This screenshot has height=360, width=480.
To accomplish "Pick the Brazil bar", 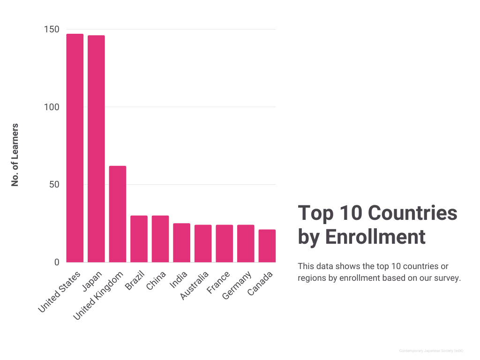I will [x=139, y=239].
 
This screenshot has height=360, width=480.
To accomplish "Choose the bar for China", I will [x=160, y=239].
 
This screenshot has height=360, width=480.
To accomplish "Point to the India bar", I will [x=181, y=242].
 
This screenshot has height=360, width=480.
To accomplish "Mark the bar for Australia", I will [x=203, y=243].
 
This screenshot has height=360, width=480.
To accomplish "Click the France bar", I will [x=224, y=243].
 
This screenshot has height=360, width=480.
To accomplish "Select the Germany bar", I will [x=246, y=243].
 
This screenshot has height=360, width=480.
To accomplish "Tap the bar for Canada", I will [x=267, y=246].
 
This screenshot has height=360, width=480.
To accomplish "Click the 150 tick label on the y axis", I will [x=52, y=30].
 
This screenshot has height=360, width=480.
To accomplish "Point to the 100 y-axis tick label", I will [x=52, y=107].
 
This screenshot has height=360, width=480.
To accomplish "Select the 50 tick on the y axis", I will [x=54, y=185].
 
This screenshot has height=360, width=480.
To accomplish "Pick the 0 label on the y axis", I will [x=57, y=262].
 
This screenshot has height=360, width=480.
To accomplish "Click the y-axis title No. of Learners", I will [x=15, y=155].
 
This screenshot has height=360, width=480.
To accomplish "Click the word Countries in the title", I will [x=412, y=213].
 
